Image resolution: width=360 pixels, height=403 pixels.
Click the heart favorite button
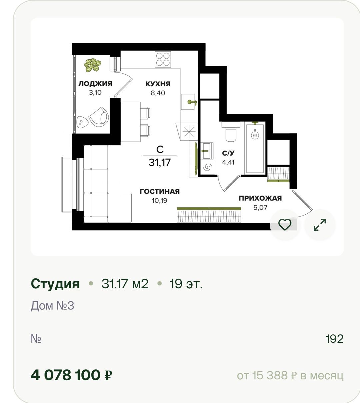[285, 225]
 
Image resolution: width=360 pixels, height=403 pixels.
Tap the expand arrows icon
[320, 225]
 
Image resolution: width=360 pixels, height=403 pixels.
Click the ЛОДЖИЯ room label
[95, 84]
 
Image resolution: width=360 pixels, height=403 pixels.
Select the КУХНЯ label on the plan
[158, 84]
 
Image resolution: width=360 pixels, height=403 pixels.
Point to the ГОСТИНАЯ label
[160, 191]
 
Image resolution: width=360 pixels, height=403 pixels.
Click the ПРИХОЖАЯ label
[260, 198]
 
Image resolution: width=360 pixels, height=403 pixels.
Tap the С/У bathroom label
[228, 153]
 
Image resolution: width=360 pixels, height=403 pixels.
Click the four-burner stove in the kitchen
[163, 59]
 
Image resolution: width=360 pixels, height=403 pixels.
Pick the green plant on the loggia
[92, 65]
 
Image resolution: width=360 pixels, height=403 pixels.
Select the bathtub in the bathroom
[255, 148]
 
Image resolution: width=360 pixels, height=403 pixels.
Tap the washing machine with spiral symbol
[208, 167]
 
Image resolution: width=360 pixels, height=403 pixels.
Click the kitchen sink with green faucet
[188, 102]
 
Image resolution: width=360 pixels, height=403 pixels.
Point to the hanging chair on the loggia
[99, 117]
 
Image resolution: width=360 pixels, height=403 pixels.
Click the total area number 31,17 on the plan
[160, 163]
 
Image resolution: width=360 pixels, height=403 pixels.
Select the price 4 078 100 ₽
[71, 375]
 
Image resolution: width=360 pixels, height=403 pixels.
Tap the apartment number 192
[335, 339]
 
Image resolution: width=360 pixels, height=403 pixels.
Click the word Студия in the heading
[55, 283]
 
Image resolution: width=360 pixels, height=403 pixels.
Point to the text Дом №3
[52, 306]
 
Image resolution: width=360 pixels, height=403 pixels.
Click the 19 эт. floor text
[186, 284]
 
